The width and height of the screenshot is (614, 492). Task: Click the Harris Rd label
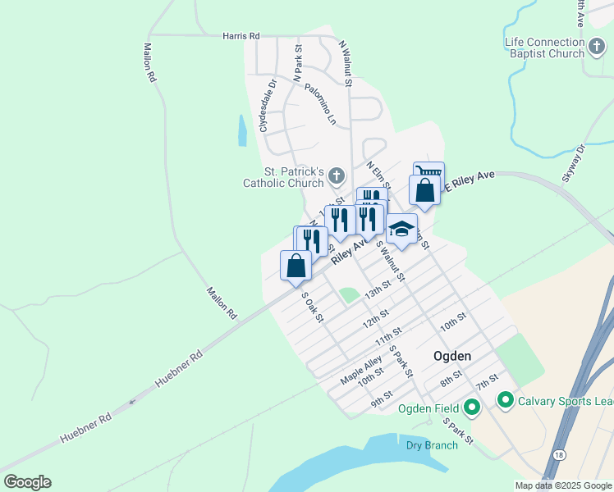pyautogui.click(x=241, y=36)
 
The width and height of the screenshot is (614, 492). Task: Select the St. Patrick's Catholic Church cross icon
pyautogui.click(x=336, y=176)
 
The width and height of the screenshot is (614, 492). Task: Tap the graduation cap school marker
pyautogui.click(x=401, y=229)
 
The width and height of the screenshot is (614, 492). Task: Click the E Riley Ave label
pyautogui.click(x=470, y=181)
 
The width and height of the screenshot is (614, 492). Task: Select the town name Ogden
pyautogui.click(x=452, y=356)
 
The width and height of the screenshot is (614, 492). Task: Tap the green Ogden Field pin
pyautogui.click(x=472, y=407)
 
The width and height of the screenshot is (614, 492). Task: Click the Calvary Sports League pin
pyautogui.click(x=505, y=401)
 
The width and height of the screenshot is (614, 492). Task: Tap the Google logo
pyautogui.click(x=27, y=482)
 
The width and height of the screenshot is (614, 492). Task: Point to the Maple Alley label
pyautogui.click(x=361, y=371)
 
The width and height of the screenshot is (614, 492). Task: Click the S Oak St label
pyautogui.click(x=313, y=307)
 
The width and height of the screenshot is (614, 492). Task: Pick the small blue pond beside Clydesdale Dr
pyautogui.click(x=241, y=130)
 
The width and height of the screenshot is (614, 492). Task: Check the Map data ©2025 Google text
pyautogui.click(x=562, y=485)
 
